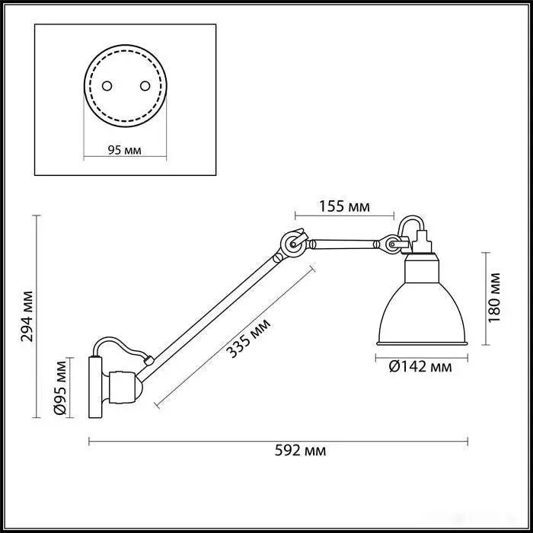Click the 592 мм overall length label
[x=300, y=451]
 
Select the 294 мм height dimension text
[x=27, y=316]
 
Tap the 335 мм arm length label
[x=248, y=338]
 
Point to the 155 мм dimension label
[x=344, y=206]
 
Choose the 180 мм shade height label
[x=494, y=298]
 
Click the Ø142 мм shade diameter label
[x=420, y=367]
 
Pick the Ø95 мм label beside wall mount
[x=60, y=388]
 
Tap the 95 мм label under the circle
[x=124, y=150]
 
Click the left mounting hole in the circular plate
[x=107, y=86]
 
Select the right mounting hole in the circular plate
[x=145, y=86]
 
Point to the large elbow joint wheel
[x=292, y=244]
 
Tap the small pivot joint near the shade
[x=392, y=244]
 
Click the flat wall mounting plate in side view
[x=95, y=387]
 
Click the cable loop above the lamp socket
[x=411, y=225]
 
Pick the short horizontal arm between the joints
[x=344, y=244]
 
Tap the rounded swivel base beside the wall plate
[x=122, y=387]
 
